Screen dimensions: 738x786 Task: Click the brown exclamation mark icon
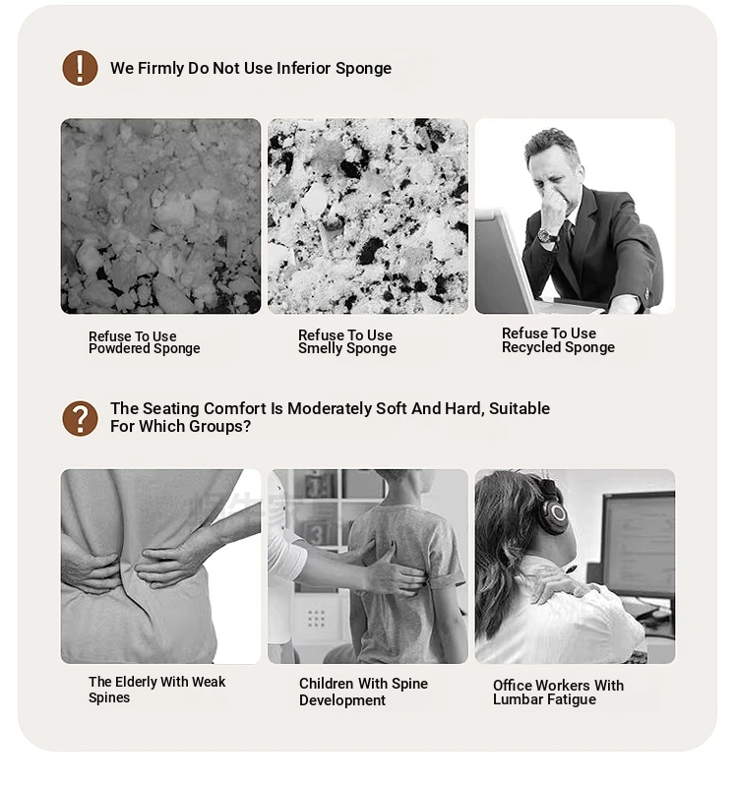coord(80,68)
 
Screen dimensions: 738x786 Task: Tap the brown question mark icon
coord(80,418)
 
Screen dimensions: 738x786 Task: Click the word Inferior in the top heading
coord(303,68)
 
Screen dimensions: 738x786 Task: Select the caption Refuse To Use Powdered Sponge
coord(145,342)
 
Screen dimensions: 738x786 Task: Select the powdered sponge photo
coord(161,216)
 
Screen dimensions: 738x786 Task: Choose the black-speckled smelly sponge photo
coord(367,216)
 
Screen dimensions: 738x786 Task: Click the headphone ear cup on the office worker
coord(555,512)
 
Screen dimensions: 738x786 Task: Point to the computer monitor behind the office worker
coord(638,544)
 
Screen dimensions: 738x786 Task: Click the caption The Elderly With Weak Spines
coord(156,690)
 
